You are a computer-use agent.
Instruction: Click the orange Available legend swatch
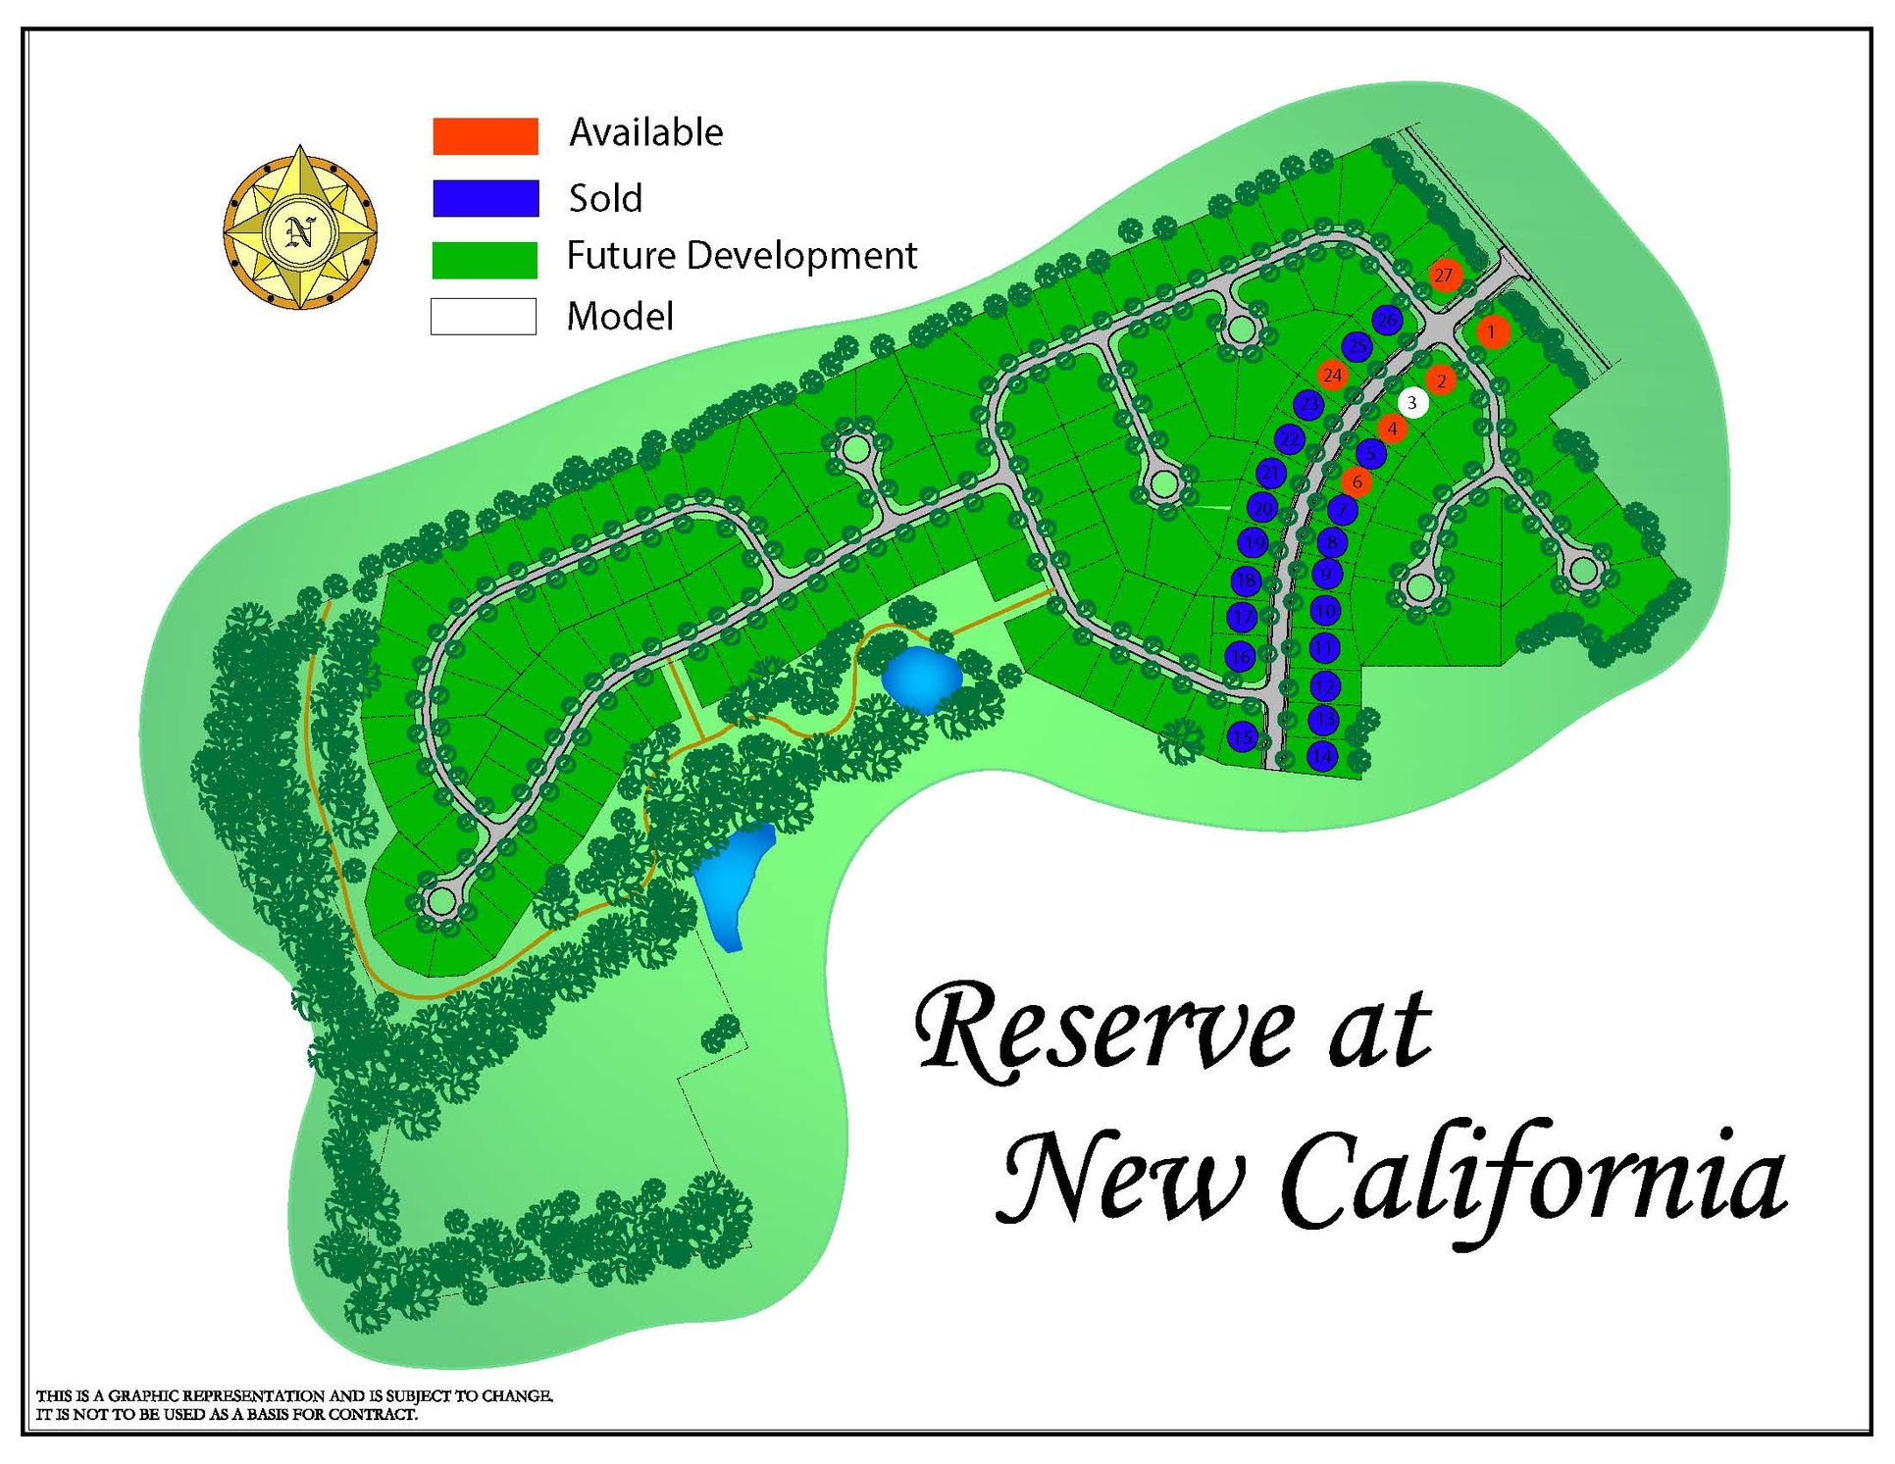click(486, 136)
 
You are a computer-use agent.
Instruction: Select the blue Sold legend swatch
click(486, 198)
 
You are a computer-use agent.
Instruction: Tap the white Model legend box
click(484, 317)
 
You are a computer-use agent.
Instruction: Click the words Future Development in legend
click(742, 256)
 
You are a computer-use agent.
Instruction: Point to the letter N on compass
click(300, 231)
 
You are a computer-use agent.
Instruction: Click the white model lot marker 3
click(1412, 402)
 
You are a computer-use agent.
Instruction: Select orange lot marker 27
click(1444, 276)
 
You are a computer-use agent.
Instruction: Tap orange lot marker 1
click(1492, 332)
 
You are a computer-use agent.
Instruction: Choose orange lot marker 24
click(1332, 376)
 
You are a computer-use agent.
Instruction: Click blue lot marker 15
click(1243, 736)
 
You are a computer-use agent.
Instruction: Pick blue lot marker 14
click(1322, 756)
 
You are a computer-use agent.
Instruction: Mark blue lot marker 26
click(1386, 320)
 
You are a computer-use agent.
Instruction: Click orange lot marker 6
click(1357, 481)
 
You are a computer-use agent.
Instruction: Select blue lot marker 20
click(1262, 508)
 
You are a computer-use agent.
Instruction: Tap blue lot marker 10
click(1325, 611)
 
